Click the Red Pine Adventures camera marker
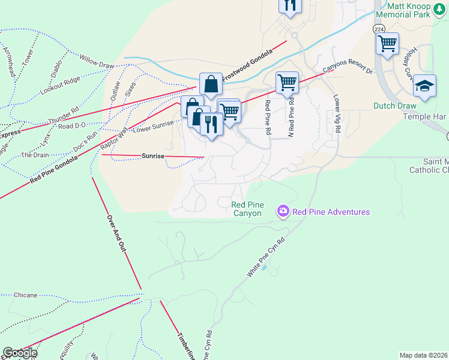tap(283, 211)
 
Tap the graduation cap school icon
tap(424, 86)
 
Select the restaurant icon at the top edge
tap(290, 5)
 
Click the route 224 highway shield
tap(379, 29)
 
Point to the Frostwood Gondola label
tap(247, 65)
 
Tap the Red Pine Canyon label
tap(247, 209)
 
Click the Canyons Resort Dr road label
tap(348, 70)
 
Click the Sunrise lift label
tap(152, 155)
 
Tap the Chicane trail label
tap(25, 295)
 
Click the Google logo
tap(19, 353)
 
